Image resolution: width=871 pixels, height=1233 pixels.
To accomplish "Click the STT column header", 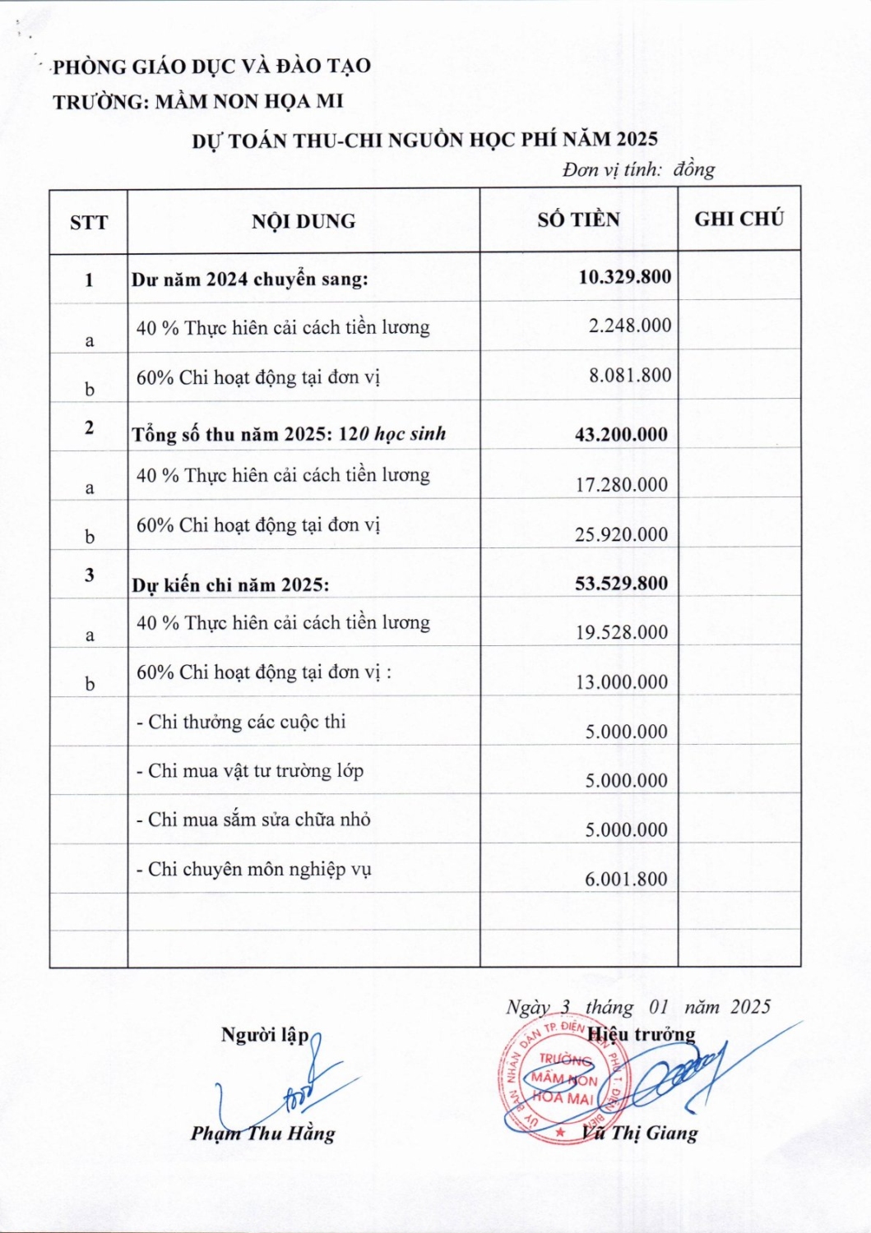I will pos(89,223).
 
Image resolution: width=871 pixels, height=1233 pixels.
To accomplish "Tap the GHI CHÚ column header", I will pos(739,219).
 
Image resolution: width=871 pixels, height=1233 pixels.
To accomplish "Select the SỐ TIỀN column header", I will pos(578,219).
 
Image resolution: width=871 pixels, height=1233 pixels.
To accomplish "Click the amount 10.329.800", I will pos(624,276).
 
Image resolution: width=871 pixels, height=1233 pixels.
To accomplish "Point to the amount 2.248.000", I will pos(629,326).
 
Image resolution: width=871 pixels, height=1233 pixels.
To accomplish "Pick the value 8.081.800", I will pos(629,376).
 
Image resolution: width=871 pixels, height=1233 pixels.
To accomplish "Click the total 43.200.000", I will pos(621,435).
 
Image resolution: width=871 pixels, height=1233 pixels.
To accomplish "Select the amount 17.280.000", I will pos(621,485).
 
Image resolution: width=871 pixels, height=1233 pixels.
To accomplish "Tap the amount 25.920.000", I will pos(621,535).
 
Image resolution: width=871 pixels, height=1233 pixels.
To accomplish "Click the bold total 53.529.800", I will pos(621,584).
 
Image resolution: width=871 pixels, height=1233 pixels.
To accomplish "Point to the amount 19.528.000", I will pos(621,633).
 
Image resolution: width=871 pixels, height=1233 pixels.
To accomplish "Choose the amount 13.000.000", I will pos(621,682).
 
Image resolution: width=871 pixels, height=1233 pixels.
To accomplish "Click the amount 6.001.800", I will pos(626,880).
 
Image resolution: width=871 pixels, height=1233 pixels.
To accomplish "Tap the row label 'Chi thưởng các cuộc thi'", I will pos(241,723).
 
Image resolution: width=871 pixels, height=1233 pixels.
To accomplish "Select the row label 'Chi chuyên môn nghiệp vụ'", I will pos(254,870).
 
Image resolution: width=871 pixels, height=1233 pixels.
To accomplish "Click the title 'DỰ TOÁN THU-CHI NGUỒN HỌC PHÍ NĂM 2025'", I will pos(424,140).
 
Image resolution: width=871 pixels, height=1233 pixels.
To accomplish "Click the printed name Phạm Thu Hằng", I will pos(263,1134).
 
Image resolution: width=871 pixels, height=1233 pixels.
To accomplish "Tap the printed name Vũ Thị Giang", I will pos(640,1134).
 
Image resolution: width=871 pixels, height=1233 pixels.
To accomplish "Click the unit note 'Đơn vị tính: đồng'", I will pos(638,170).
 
